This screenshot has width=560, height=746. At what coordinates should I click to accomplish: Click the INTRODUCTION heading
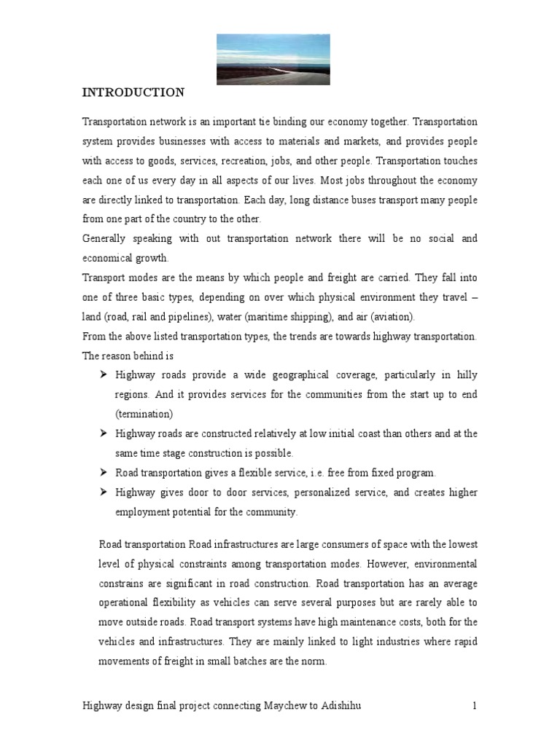133,93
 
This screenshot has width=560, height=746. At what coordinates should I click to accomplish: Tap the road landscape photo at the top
273,59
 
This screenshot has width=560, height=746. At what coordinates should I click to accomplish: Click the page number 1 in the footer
474,706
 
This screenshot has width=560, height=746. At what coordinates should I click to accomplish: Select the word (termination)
144,414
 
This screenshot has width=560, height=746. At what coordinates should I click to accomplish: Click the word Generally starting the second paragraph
106,239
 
